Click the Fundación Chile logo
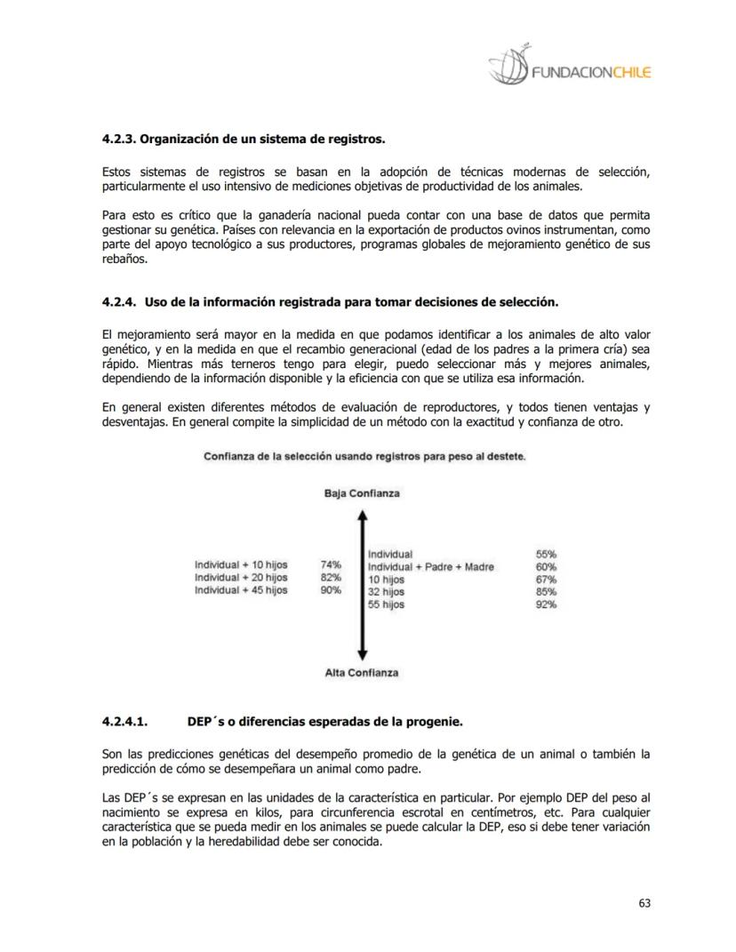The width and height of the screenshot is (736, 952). pyautogui.click(x=569, y=68)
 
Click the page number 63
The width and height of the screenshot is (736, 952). pyautogui.click(x=644, y=903)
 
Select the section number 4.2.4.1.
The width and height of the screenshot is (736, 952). pyautogui.click(x=124, y=722)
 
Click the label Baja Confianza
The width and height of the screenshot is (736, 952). pyautogui.click(x=362, y=493)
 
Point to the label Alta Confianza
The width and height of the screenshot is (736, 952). pyautogui.click(x=362, y=673)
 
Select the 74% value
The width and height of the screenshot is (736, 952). pyautogui.click(x=331, y=564)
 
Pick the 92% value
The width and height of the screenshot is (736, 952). pyautogui.click(x=546, y=604)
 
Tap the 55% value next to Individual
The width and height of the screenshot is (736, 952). pyautogui.click(x=546, y=554)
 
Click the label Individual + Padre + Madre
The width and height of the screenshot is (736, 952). pyautogui.click(x=431, y=567)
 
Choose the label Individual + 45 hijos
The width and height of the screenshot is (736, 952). pyautogui.click(x=241, y=590)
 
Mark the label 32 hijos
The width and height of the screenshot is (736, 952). pyautogui.click(x=386, y=592)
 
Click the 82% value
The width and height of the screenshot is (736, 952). pyautogui.click(x=331, y=577)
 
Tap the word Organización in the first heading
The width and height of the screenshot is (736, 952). pyautogui.click(x=178, y=140)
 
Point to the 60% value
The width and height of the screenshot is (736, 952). pyautogui.click(x=546, y=567)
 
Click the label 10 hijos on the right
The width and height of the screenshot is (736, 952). pyautogui.click(x=386, y=580)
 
